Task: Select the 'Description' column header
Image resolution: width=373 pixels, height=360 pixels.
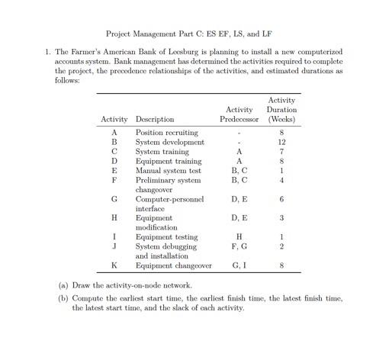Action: [x=154, y=119]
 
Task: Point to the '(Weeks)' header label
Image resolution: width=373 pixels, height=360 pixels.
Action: [x=282, y=119]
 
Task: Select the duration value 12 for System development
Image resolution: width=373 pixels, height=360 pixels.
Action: [x=282, y=142]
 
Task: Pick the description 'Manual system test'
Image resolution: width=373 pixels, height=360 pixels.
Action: [x=168, y=171]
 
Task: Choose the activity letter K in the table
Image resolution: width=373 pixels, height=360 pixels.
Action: [x=113, y=265]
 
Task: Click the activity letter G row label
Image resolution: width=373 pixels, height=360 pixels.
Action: [x=113, y=199]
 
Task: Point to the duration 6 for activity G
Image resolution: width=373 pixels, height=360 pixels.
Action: [x=282, y=199]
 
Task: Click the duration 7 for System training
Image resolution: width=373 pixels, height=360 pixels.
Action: [x=282, y=152]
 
